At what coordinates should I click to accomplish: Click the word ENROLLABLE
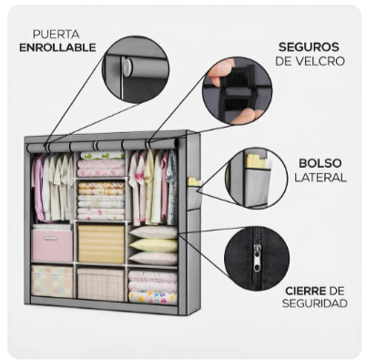click(57, 47)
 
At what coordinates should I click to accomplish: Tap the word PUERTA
click(56, 35)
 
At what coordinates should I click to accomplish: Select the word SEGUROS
click(309, 47)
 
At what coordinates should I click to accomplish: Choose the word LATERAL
click(320, 178)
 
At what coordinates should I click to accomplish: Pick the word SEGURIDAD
click(315, 303)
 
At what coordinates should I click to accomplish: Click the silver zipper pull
click(257, 258)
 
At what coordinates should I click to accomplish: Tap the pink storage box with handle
click(52, 245)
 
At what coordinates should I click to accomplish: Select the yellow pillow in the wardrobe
click(153, 245)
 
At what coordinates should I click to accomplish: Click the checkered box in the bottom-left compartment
click(52, 282)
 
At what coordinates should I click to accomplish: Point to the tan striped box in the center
click(101, 244)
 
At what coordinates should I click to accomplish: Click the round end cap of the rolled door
click(127, 67)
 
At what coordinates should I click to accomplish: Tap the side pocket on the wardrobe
click(193, 196)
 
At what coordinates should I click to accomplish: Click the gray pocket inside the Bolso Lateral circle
click(257, 188)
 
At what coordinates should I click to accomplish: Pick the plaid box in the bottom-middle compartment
click(101, 284)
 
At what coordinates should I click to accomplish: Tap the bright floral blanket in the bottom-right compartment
click(153, 297)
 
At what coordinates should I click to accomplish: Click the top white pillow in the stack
click(153, 232)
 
